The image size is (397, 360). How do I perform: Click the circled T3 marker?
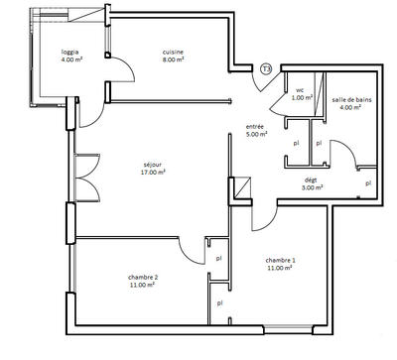pos(266,69)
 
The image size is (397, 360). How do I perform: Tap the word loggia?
pos(69,52)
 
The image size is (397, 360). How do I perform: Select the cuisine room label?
pos(174,52)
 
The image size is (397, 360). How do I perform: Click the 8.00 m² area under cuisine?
pos(174,60)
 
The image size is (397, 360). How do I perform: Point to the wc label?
pos(299,89)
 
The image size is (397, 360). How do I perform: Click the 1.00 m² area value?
pos(302,97)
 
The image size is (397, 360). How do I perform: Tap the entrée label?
pos(255,126)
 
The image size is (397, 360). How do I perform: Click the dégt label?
pos(311,179)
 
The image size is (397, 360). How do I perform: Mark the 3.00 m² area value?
pos(313,187)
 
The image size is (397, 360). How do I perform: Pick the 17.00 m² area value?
pos(152,173)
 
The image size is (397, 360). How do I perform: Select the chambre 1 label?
pos(279,259)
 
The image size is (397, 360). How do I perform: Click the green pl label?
pos(368,183)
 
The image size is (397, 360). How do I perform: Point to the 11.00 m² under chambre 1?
pos(279,268)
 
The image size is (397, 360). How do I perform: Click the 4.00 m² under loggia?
pos(69,60)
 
